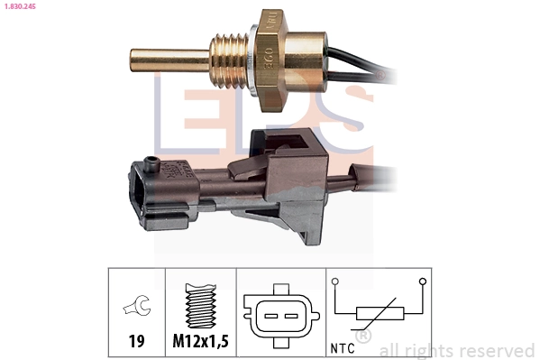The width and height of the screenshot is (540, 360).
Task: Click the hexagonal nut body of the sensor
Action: tap(289, 60)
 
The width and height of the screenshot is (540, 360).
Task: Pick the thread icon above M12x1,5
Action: tap(199, 307)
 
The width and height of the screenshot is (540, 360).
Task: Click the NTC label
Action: tap(343, 346)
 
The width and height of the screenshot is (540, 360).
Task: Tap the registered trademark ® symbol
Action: tap(363, 337)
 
